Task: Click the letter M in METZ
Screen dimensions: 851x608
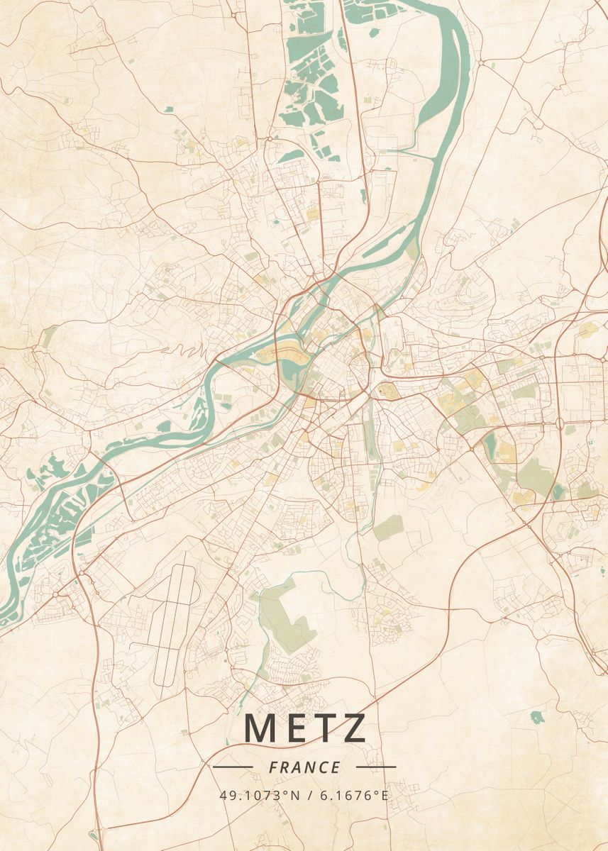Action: [261, 728]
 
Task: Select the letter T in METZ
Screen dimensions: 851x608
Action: [326, 728]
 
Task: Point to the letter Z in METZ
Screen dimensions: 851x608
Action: [354, 728]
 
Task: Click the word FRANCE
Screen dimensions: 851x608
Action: [304, 767]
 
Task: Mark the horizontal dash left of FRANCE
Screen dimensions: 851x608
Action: [232, 767]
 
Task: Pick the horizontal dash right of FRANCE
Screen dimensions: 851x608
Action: [376, 767]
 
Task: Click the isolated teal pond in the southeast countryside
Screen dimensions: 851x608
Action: [537, 717]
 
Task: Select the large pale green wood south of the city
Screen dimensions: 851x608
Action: [284, 613]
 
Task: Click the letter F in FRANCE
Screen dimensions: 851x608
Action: [273, 767]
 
